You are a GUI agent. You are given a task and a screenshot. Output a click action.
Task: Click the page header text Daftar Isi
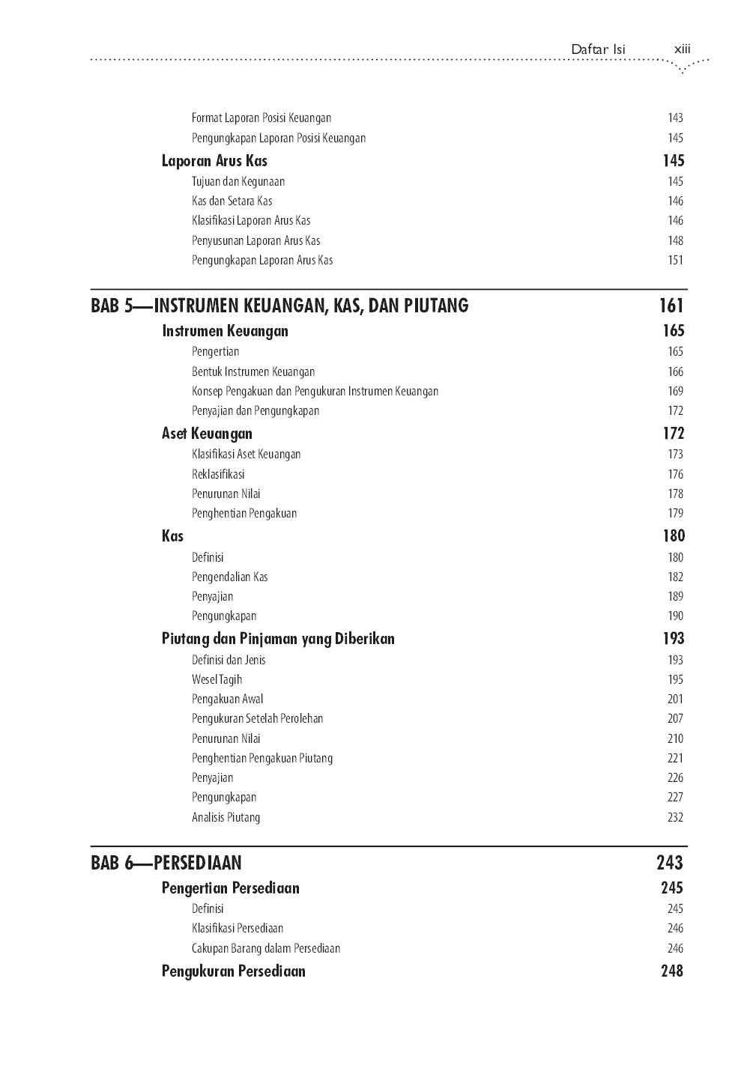[x=597, y=49]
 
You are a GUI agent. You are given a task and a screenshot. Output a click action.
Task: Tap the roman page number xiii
[x=682, y=49]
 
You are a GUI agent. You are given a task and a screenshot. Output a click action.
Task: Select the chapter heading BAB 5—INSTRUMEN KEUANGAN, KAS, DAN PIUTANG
[x=279, y=306]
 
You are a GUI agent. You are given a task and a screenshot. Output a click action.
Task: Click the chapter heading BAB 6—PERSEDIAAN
[x=166, y=863]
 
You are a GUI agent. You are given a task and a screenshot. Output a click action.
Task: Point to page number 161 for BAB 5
[x=671, y=306]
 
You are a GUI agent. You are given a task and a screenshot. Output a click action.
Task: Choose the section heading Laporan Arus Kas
[x=214, y=161]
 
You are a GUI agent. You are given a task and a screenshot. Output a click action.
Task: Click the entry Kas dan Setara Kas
[x=232, y=201]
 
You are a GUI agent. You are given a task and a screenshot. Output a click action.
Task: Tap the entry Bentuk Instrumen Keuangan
[x=253, y=371]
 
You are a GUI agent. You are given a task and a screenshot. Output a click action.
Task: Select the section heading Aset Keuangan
[x=207, y=434]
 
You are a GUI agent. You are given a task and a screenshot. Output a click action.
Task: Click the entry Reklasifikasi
[x=218, y=474]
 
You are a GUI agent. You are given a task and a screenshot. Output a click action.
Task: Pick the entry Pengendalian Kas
[x=229, y=577]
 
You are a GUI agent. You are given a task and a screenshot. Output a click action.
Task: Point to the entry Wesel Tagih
[x=217, y=679]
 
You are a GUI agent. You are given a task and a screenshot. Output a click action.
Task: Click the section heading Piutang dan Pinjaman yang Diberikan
[x=278, y=639]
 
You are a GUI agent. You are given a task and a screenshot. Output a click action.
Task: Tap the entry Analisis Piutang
[x=226, y=817]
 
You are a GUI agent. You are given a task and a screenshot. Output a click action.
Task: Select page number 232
[x=675, y=817]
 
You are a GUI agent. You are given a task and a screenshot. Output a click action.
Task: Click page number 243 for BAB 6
[x=669, y=863]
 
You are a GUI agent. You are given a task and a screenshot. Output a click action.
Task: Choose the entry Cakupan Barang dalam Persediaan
[x=265, y=948]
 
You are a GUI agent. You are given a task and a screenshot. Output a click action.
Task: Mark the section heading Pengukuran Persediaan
[x=233, y=971]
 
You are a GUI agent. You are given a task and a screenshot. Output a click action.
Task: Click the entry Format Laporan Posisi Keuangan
[x=261, y=118]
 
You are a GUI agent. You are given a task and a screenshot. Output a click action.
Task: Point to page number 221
[x=675, y=758]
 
